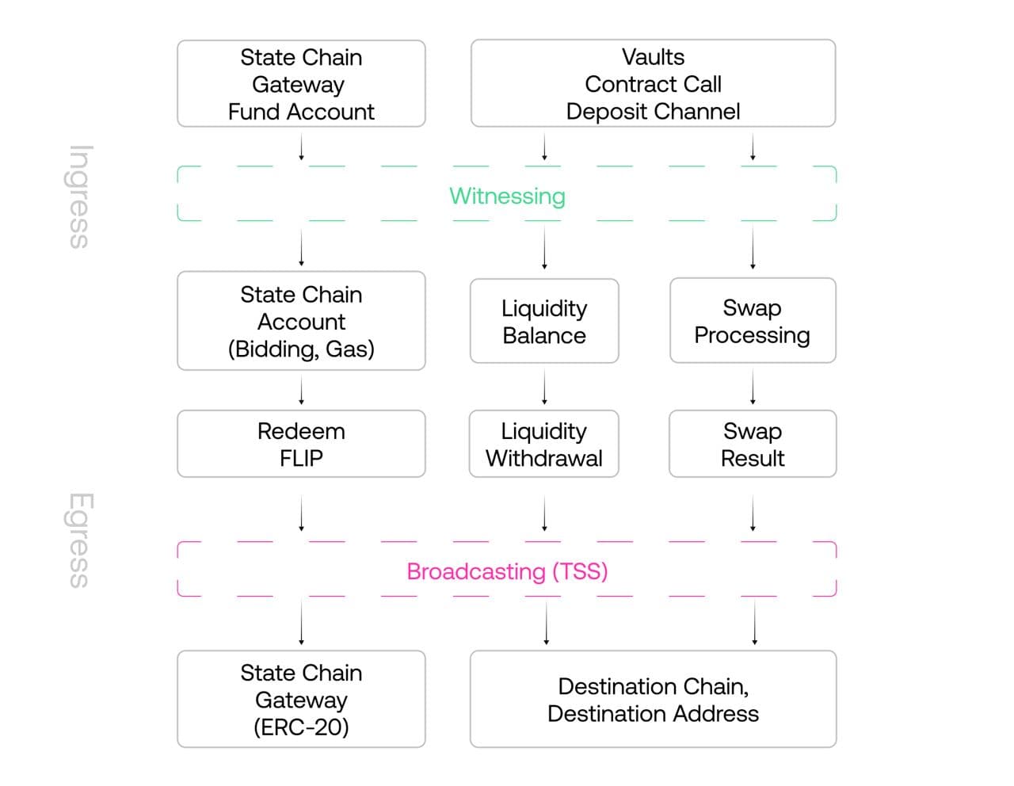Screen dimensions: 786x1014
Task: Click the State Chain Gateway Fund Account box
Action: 301,84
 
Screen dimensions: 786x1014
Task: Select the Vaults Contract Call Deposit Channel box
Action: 653,84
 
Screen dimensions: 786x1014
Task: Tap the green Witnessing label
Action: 507,196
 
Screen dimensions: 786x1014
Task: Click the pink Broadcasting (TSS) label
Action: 507,571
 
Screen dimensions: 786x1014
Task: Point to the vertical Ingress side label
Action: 80,196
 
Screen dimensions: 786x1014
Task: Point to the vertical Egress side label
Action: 80,540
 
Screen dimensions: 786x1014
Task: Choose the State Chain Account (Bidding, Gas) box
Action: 301,321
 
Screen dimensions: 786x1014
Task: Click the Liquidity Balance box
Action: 544,322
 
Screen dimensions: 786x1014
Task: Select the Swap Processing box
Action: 753,321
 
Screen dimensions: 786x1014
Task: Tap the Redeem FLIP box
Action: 301,444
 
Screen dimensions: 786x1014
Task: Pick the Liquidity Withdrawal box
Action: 544,444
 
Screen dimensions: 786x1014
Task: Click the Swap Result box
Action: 753,444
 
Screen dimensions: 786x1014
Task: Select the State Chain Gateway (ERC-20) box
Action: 301,699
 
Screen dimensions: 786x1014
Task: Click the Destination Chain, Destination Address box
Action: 653,699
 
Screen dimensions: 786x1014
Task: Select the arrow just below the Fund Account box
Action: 301,147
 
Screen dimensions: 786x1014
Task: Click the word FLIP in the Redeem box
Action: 301,458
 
